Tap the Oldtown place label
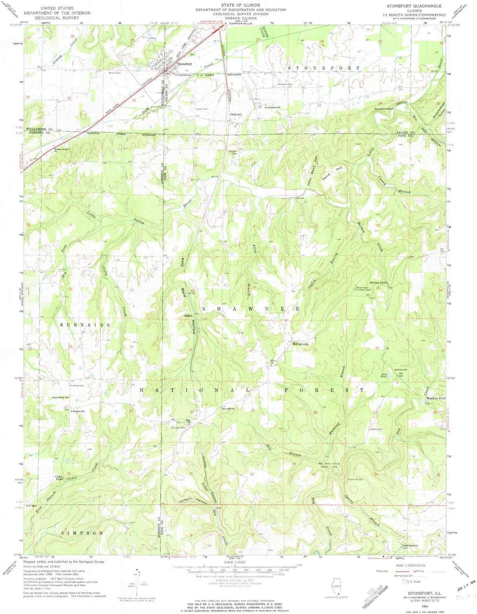(x=236, y=114)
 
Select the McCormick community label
(x=300, y=344)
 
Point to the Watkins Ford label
(x=436, y=398)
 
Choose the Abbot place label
(x=188, y=315)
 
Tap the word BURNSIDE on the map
(x=85, y=325)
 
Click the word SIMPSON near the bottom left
(x=82, y=533)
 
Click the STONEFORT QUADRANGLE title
(x=414, y=6)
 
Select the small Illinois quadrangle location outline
(x=336, y=587)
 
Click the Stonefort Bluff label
(x=384, y=109)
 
